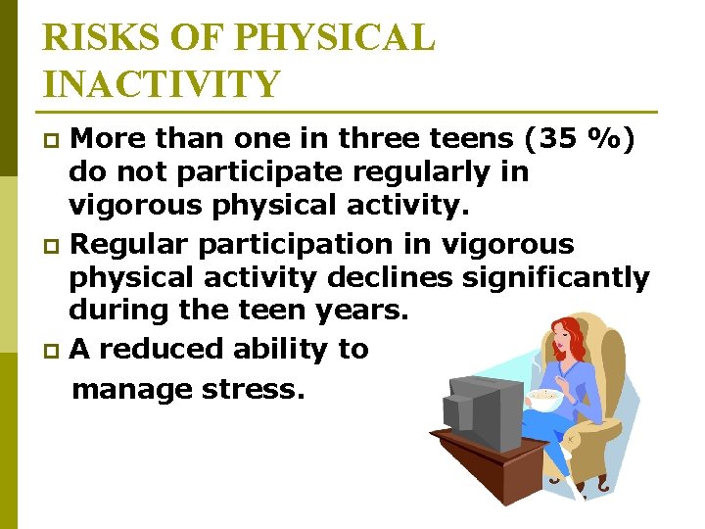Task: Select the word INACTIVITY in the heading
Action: click(163, 84)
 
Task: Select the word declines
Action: click(389, 278)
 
